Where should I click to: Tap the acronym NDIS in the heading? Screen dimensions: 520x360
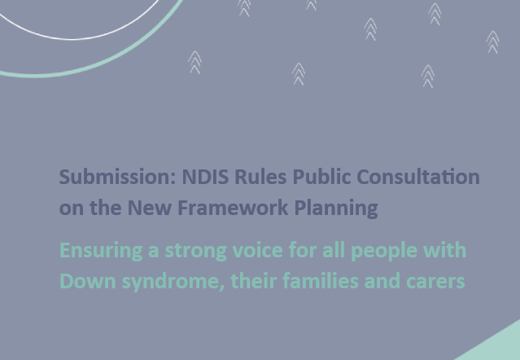205,177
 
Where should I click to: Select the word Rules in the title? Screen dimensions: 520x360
260,177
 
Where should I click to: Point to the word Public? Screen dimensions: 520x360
321,177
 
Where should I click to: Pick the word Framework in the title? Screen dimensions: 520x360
233,208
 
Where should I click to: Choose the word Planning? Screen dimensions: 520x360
336,209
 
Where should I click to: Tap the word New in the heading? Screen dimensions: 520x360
149,208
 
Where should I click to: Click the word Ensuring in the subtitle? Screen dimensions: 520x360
101,251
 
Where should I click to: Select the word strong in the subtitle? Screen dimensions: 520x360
195,251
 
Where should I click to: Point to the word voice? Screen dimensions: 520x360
258,250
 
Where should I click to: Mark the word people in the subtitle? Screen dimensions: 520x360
384,251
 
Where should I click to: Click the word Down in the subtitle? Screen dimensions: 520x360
88,281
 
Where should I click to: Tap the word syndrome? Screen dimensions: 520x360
173,282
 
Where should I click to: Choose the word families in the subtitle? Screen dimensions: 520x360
321,281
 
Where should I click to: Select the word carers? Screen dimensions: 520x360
435,281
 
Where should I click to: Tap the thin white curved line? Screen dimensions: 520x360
73,39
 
